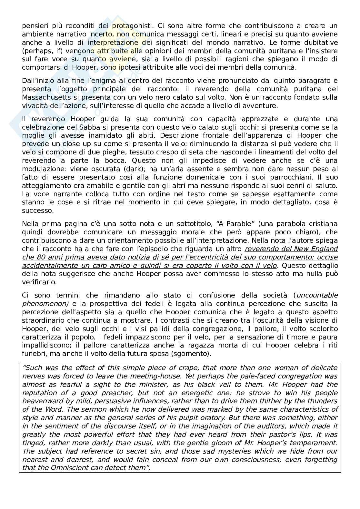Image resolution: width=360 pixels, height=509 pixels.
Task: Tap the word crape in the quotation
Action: point(180,368)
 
